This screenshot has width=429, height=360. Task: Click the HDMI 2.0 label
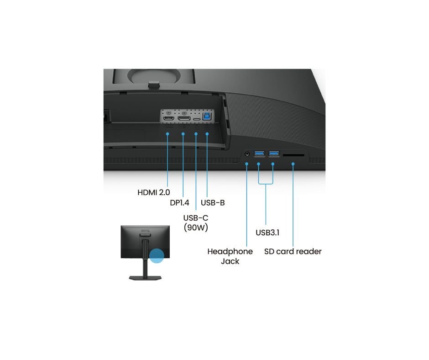(153, 192)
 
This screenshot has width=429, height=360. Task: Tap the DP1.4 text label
(179, 203)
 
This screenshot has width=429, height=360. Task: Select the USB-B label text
(213, 203)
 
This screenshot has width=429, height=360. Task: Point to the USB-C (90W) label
(196, 222)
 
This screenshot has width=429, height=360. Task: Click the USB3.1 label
(267, 233)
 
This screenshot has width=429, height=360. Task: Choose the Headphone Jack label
(230, 256)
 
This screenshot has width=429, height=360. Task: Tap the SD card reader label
(293, 252)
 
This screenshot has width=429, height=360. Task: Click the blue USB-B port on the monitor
(207, 116)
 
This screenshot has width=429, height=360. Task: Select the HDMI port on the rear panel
(168, 119)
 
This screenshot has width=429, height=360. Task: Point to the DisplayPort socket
(184, 118)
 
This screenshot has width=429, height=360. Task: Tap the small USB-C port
(196, 119)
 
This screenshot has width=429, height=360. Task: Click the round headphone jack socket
(247, 154)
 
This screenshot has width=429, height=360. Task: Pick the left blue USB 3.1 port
(259, 153)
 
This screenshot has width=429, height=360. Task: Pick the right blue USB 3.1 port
(274, 153)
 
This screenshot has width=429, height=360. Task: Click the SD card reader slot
(293, 155)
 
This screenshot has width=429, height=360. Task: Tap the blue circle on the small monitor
(157, 255)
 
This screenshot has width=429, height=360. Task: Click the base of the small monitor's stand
(145, 278)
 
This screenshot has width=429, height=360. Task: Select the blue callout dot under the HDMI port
(167, 134)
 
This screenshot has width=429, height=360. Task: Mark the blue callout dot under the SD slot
(293, 164)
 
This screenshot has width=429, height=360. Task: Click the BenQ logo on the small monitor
(145, 231)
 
